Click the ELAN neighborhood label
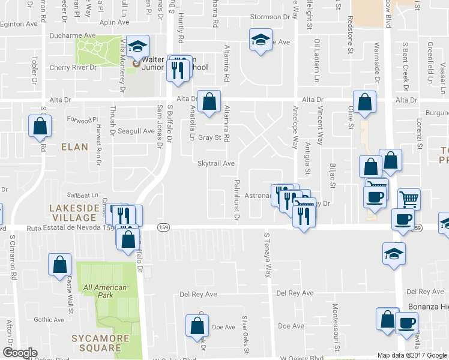pos(74,146)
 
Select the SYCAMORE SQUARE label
pos(99,343)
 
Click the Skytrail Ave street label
pos(216,163)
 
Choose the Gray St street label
pos(210,137)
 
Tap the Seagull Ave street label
pos(136,131)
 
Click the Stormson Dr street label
pos(265,17)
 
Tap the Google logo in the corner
pos(20,353)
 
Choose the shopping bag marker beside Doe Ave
pos(197,325)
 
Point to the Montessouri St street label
pos(336,331)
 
